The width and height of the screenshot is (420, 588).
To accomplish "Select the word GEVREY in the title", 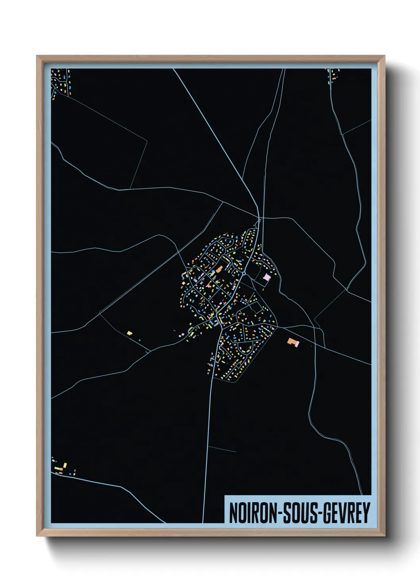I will click(346, 513).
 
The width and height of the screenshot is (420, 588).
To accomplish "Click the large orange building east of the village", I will click(292, 341).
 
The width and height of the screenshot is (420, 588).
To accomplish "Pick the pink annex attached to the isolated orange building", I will click(297, 344).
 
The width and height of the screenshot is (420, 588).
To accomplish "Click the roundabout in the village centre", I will click(243, 274).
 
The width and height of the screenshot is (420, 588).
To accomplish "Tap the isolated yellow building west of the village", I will click(129, 333).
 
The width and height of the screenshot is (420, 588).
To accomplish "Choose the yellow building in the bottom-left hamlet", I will click(65, 465).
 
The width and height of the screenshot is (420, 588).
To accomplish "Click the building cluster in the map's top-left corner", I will click(61, 81).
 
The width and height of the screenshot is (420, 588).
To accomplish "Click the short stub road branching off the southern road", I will click(222, 449).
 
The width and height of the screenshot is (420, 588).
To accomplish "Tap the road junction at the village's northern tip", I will click(259, 218).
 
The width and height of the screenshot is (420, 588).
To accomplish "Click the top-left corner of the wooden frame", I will click(37, 56).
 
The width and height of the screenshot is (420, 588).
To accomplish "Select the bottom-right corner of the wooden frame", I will click(384, 536).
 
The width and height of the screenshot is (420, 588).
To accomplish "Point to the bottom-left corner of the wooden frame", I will click(37, 536).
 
